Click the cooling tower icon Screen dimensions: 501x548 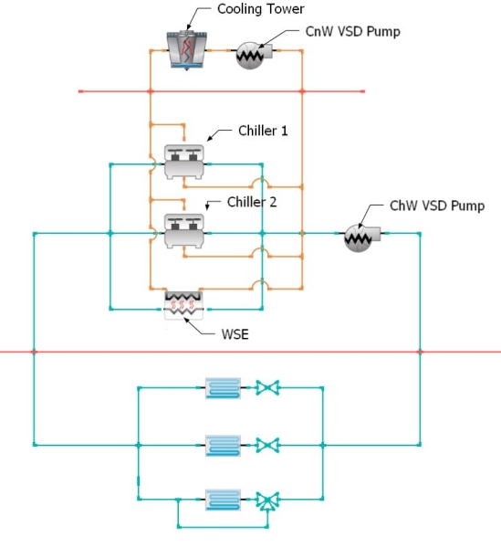(x=186, y=50)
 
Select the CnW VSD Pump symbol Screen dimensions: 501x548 (x=254, y=55)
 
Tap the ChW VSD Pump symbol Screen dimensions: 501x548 (x=361, y=237)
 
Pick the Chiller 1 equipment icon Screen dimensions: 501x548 (x=184, y=162)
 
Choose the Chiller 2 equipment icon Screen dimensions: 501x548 (x=184, y=231)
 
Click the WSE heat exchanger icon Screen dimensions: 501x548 (x=183, y=305)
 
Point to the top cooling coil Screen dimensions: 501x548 (x=223, y=388)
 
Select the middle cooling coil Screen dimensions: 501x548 (x=223, y=446)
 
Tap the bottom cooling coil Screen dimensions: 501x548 (x=223, y=500)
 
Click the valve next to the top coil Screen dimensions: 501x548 (x=267, y=387)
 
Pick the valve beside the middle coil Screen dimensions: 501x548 (x=267, y=446)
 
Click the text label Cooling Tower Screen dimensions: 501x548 (x=260, y=9)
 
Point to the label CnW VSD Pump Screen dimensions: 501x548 (x=352, y=31)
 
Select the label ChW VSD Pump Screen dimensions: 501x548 (x=437, y=205)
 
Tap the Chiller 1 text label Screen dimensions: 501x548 (x=263, y=131)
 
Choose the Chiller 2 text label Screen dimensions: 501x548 (x=252, y=202)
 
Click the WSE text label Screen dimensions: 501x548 (x=235, y=334)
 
